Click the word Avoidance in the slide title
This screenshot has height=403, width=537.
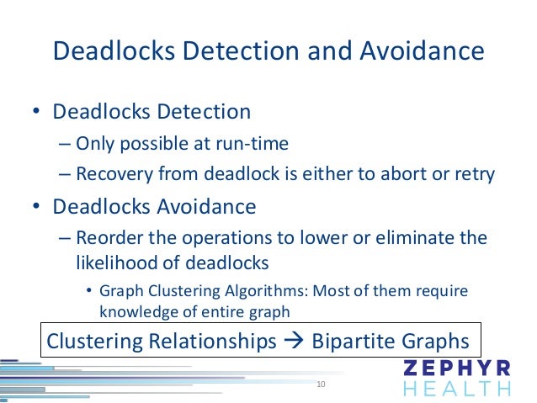(x=423, y=52)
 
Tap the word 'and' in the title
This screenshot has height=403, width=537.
(x=325, y=52)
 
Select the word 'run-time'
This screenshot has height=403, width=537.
(x=257, y=144)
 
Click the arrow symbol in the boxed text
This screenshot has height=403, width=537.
(x=294, y=342)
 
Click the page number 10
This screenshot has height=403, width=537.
(x=320, y=384)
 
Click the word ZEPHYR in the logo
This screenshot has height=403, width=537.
(x=457, y=369)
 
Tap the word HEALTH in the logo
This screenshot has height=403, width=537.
(x=457, y=389)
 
